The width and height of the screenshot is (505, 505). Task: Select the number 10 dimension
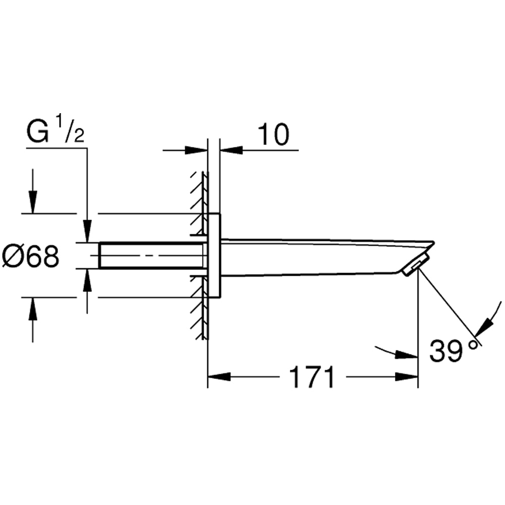pyautogui.click(x=273, y=134)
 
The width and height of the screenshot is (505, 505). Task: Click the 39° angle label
pyautogui.click(x=452, y=350)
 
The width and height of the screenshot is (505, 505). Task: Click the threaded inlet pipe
pyautogui.click(x=151, y=256)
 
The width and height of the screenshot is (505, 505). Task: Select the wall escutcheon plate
pyautogui.click(x=214, y=256)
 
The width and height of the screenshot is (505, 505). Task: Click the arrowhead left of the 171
pyautogui.click(x=219, y=377)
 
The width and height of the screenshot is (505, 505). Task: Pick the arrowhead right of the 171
pyautogui.click(x=407, y=377)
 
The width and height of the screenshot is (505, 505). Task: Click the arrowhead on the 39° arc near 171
pyautogui.click(x=406, y=355)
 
